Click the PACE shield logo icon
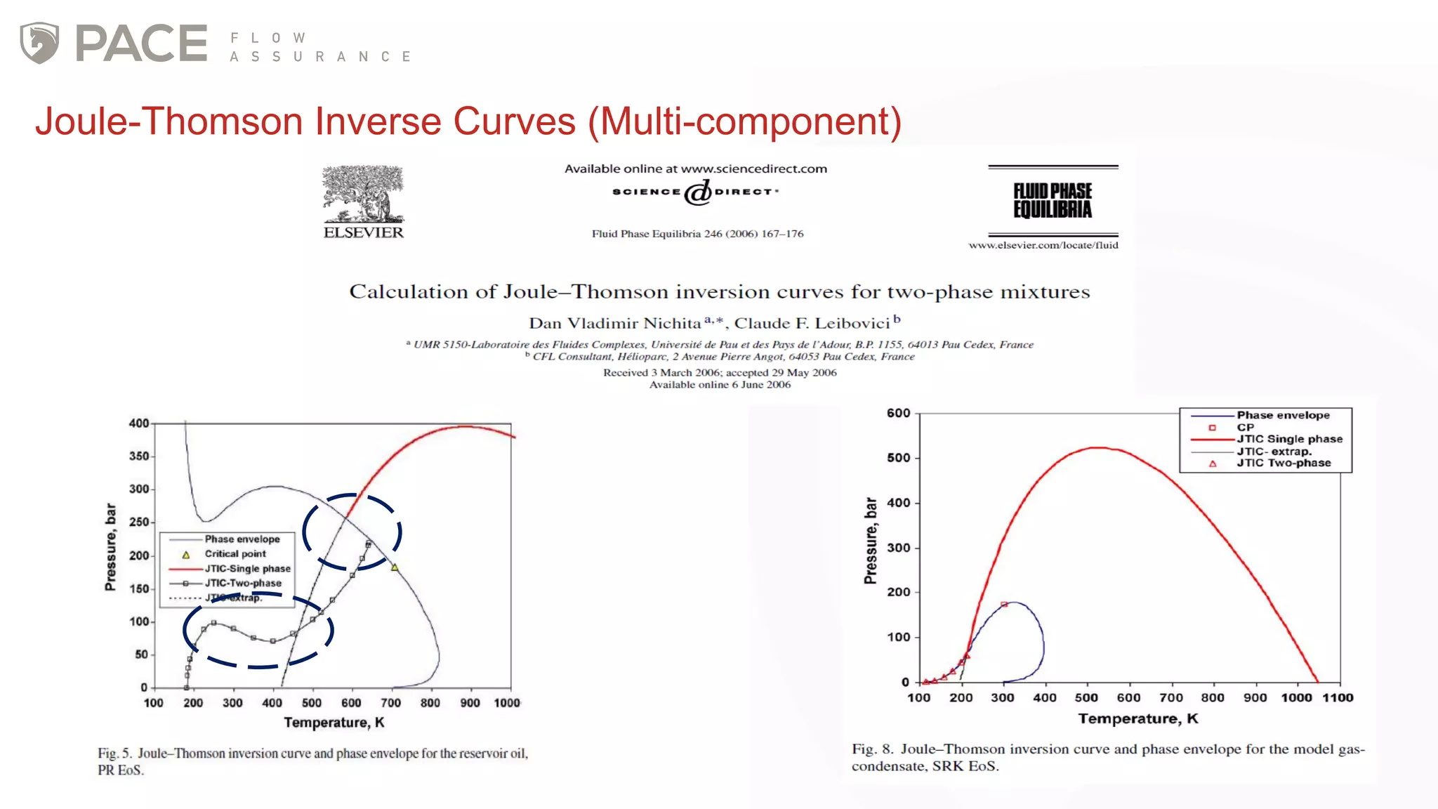tap(39, 43)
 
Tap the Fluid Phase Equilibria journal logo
tap(1053, 201)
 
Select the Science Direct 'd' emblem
tap(698, 192)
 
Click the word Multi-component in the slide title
tap(745, 121)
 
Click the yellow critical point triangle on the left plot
tap(395, 567)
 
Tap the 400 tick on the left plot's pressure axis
tap(139, 423)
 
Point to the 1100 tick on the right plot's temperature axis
tap(1338, 698)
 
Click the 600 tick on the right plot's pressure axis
tap(898, 414)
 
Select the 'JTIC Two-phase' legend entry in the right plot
tap(1283, 463)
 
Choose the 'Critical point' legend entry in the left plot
tap(235, 554)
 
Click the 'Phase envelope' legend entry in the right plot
tap(1283, 416)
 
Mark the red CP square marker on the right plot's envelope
tap(1004, 604)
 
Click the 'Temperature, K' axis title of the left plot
tap(334, 723)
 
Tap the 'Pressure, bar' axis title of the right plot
tap(871, 541)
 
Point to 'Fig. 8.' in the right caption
tap(872, 749)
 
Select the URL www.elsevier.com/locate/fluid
tap(1043, 245)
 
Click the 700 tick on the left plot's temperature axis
tap(390, 703)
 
